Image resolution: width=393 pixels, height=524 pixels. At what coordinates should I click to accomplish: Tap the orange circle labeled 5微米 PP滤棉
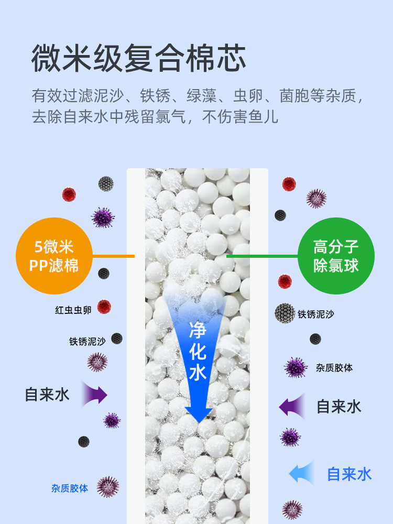tap(54, 256)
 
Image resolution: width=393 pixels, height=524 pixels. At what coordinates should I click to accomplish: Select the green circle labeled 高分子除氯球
tap(336, 256)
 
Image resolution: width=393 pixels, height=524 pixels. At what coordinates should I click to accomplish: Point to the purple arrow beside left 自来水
tap(94, 395)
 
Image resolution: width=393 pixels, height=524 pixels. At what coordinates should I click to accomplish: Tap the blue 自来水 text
tap(349, 474)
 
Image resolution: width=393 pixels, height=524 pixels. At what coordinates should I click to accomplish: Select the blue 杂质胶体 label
tap(70, 488)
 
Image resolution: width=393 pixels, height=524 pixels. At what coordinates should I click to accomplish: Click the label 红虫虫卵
tap(73, 310)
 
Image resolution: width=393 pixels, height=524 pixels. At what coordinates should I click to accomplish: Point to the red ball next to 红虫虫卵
tap(104, 307)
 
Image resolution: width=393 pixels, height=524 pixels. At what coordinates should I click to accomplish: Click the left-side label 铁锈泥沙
tap(88, 342)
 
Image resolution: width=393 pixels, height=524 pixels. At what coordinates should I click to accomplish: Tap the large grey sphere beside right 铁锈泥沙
tap(285, 313)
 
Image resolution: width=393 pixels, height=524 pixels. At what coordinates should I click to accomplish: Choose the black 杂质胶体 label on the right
tap(334, 368)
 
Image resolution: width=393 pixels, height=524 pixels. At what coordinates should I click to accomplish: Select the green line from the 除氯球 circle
tap(261, 256)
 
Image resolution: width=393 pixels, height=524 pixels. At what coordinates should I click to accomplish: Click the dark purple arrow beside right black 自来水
tap(292, 406)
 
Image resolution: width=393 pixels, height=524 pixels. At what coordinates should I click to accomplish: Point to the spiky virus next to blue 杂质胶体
tap(107, 487)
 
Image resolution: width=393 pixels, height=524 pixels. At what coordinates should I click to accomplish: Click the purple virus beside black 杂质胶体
tap(296, 367)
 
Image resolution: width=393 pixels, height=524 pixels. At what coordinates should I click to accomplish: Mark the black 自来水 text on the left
tap(47, 394)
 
